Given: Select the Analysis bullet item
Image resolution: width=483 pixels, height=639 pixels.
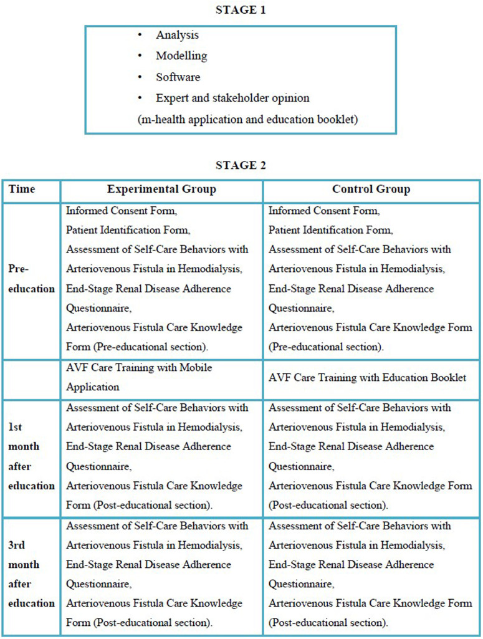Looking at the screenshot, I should [177, 36].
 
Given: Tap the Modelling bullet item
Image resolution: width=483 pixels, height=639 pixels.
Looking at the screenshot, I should [181, 56].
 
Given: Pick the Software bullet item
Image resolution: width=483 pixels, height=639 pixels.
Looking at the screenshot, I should [178, 77].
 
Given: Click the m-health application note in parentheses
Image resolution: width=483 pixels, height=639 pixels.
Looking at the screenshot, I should [247, 119].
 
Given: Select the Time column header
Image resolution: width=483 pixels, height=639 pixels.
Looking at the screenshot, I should [22, 190].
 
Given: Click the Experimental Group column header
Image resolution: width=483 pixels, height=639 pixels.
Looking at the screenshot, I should [161, 190].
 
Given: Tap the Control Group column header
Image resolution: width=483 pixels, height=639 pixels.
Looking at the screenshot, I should [371, 190].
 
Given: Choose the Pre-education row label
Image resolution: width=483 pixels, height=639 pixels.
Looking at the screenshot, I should [31, 279].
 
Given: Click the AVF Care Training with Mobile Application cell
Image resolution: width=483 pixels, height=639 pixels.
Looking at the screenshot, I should [138, 377].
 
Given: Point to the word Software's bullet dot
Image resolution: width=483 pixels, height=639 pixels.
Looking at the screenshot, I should [141, 77].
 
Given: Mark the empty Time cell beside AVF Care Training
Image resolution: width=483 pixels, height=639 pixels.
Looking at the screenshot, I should [31, 377].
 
